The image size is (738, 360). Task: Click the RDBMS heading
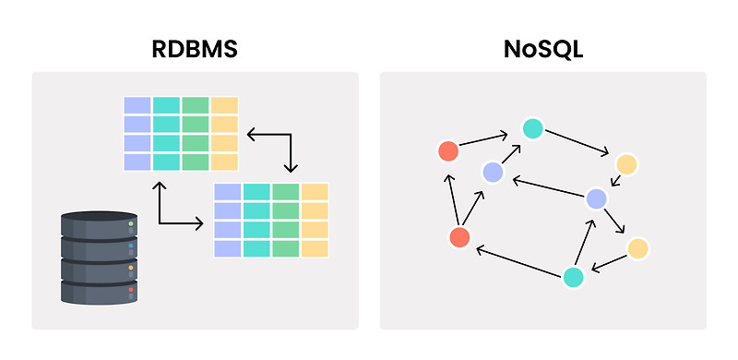195,49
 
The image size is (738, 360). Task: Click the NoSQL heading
542,49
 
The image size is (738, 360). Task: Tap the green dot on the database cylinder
131,224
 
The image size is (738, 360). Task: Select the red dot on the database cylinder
131,290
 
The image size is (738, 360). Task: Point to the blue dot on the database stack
131,246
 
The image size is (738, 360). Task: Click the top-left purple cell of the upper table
137,105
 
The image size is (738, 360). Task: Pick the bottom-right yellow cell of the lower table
315,248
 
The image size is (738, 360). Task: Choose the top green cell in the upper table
196,105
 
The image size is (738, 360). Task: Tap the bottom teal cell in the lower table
256,248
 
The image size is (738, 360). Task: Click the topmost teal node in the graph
531,129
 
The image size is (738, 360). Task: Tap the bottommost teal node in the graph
573,277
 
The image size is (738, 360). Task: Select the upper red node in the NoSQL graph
447,150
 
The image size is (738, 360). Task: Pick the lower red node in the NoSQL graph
459,237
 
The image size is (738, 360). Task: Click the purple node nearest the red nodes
493,172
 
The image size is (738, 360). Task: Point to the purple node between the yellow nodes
597,198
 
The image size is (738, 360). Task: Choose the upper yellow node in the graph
627,164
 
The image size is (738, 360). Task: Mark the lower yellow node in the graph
637,248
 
